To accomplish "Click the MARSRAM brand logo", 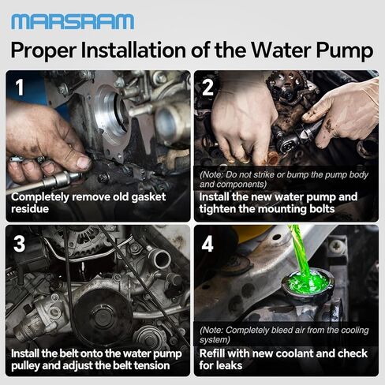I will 73,21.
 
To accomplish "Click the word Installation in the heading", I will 147,51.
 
